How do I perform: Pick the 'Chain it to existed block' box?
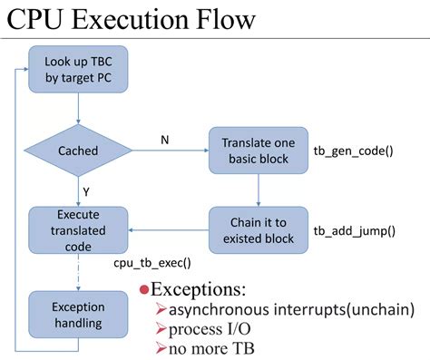(259, 230)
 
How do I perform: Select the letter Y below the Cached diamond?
(85, 191)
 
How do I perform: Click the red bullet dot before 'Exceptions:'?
(143, 290)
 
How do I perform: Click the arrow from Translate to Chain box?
(259, 190)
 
